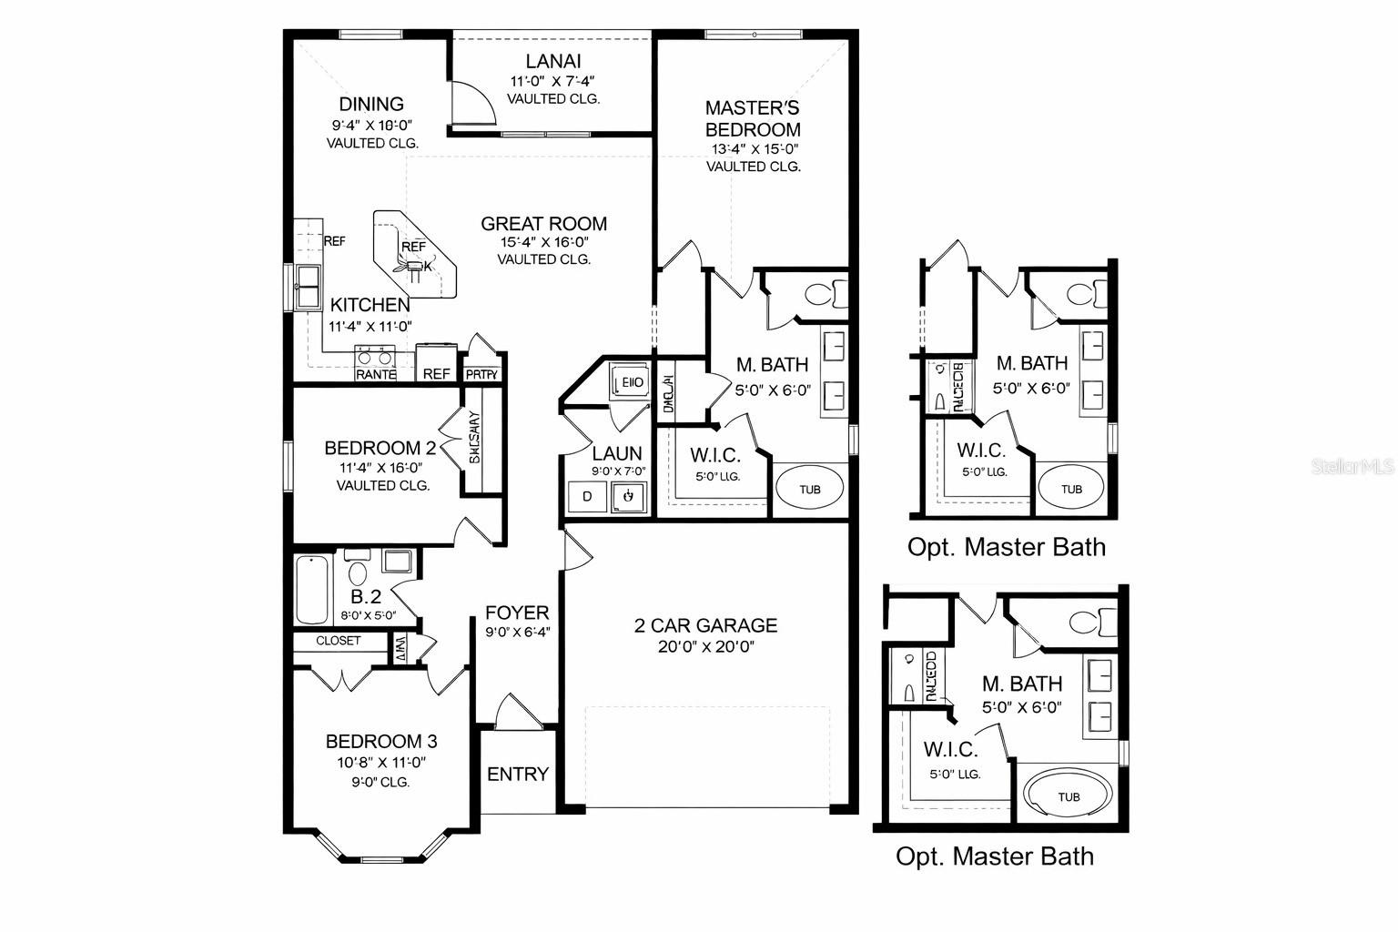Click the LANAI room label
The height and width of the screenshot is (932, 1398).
tap(552, 62)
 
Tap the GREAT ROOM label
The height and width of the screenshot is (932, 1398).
tap(543, 224)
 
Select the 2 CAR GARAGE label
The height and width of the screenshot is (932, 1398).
tap(706, 625)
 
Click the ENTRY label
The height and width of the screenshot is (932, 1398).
tap(518, 775)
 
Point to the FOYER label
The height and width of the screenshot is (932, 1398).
tap(517, 613)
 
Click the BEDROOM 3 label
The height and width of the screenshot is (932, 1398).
tap(375, 742)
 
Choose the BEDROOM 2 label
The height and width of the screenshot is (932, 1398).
tap(380, 448)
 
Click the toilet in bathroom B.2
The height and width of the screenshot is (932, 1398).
tap(357, 573)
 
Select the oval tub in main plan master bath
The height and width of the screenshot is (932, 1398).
tap(809, 489)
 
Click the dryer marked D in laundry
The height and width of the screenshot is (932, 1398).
tap(587, 497)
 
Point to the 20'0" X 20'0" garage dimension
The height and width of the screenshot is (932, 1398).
tap(706, 647)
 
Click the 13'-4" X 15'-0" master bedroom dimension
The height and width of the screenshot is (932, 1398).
tap(753, 149)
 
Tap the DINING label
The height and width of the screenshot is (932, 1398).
tap(371, 104)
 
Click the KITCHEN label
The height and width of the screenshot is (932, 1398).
tap(370, 306)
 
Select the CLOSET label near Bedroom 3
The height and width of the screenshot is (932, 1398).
tap(338, 641)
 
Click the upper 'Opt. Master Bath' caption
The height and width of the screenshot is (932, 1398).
tap(1006, 547)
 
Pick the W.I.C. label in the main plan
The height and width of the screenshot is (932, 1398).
tap(714, 455)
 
